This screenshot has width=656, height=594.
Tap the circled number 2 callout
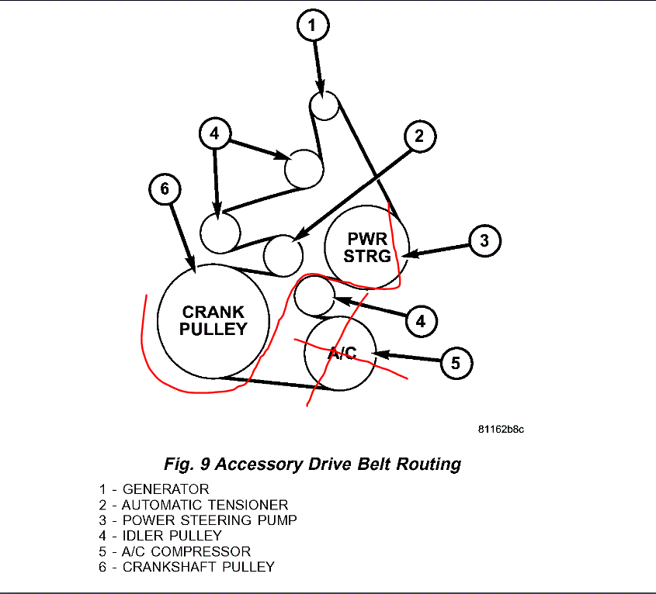point(419,137)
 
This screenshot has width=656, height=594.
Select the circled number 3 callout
point(484,240)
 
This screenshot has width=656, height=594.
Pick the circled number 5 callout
point(456,362)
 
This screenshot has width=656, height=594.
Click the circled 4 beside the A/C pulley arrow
point(420,319)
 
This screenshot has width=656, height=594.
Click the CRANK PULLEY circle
point(213,320)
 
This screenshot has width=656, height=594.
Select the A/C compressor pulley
point(340,353)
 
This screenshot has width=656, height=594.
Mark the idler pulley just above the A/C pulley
point(314,296)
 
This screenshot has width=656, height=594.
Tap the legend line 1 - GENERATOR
point(154,489)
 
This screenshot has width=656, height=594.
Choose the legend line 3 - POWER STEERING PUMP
point(197,520)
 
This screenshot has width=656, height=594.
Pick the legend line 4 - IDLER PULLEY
point(160,536)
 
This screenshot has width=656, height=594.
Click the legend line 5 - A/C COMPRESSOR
point(175,551)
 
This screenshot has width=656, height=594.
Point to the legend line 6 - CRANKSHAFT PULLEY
point(186,567)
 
